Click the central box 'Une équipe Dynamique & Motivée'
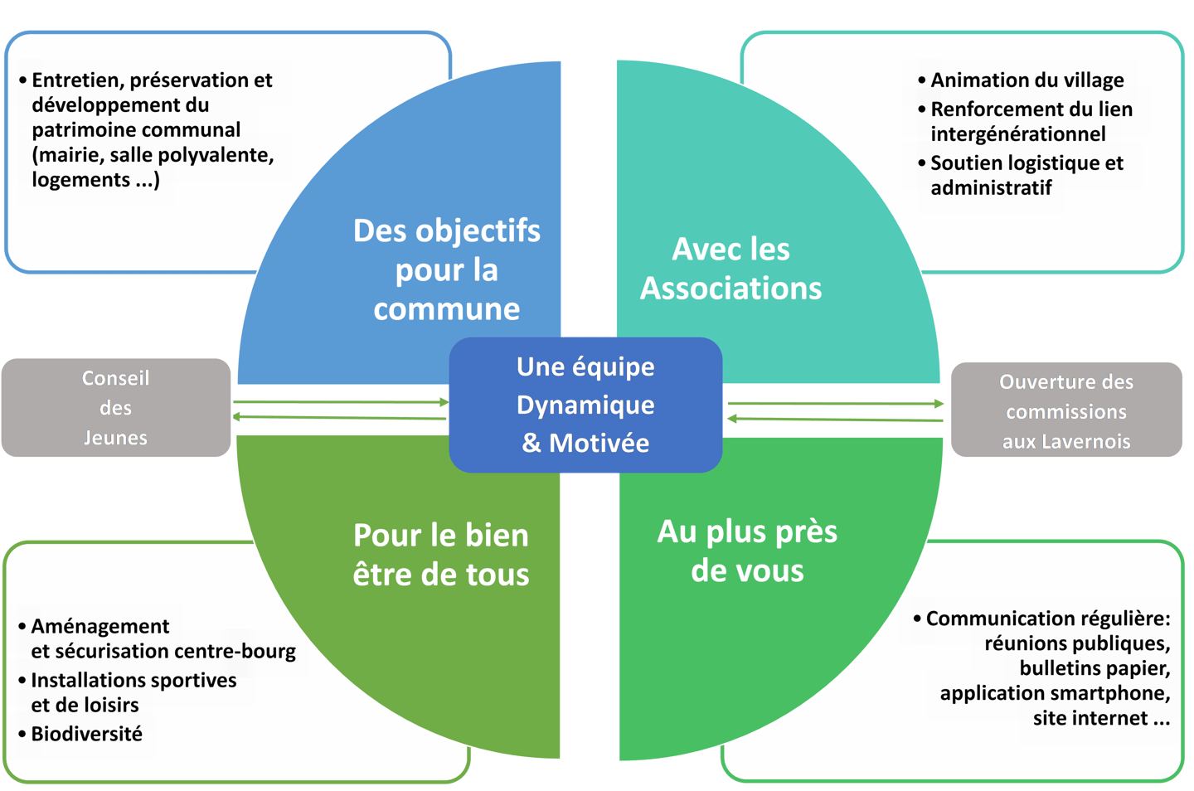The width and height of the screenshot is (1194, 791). pyautogui.click(x=585, y=405)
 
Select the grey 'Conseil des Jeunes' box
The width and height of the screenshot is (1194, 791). pyautogui.click(x=116, y=407)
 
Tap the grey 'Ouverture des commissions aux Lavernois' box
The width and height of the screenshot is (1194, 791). pyautogui.click(x=1066, y=410)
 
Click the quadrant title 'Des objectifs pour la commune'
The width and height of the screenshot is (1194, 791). pyautogui.click(x=447, y=269)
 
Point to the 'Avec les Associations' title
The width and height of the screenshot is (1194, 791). pyautogui.click(x=730, y=268)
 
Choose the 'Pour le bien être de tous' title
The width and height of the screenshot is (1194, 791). pyautogui.click(x=441, y=554)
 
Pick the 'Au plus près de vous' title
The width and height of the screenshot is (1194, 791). pyautogui.click(x=747, y=551)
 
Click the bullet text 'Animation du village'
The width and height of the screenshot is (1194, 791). pyautogui.click(x=1027, y=80)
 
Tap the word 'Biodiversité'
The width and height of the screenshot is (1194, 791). pyautogui.click(x=86, y=734)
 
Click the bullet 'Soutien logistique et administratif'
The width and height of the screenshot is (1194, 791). pyautogui.click(x=1026, y=175)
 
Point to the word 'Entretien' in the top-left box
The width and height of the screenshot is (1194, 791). pyautogui.click(x=75, y=80)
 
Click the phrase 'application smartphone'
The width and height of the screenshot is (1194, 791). pyautogui.click(x=1054, y=693)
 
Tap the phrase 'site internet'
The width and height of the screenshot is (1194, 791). pyautogui.click(x=1090, y=718)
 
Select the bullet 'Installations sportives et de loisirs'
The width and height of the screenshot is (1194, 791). pyautogui.click(x=133, y=692)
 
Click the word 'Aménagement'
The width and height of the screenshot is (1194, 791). pyautogui.click(x=99, y=626)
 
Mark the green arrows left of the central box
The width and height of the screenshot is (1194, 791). pyautogui.click(x=341, y=409)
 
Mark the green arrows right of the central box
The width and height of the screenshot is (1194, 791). pyautogui.click(x=835, y=410)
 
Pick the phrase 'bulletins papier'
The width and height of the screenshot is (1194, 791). pyautogui.click(x=1094, y=668)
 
